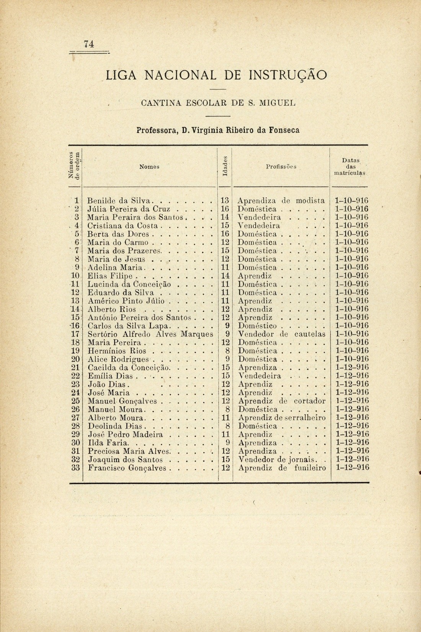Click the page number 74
click(x=89, y=44)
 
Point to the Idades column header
click(x=225, y=167)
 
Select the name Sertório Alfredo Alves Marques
click(x=150, y=334)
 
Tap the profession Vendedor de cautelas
click(x=281, y=334)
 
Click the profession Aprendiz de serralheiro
click(x=281, y=418)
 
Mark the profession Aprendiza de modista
click(x=281, y=200)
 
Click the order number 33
click(x=75, y=467)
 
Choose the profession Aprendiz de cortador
click(x=281, y=401)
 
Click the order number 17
click(x=75, y=334)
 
